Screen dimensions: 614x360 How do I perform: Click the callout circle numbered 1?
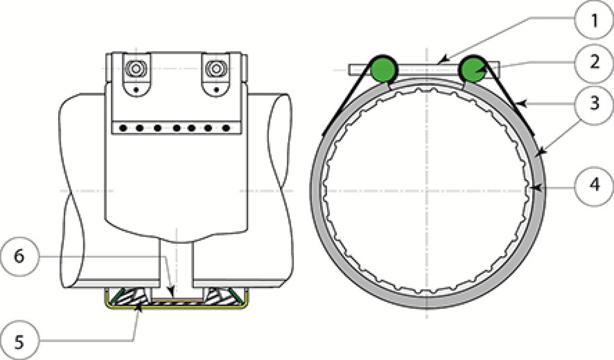tap(594, 20)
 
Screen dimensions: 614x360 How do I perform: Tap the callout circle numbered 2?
tap(594, 63)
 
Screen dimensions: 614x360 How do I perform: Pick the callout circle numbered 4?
tap(594, 186)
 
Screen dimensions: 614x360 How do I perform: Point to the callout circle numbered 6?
tap(19, 256)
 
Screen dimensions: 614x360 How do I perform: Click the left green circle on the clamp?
tap(384, 70)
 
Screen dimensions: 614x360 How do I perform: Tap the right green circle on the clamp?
tap(474, 70)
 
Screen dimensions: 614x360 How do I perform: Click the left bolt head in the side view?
tap(135, 69)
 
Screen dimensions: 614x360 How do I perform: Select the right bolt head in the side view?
tap(216, 69)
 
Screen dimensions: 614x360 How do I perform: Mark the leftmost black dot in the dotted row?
tap(123, 128)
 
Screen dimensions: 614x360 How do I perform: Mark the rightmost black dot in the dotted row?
tap(226, 128)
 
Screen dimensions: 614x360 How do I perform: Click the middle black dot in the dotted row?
tap(177, 128)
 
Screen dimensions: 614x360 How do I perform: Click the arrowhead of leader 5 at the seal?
tap(139, 307)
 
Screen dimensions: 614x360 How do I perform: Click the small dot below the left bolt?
tap(135, 89)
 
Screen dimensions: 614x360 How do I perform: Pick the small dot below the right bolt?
tap(217, 89)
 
